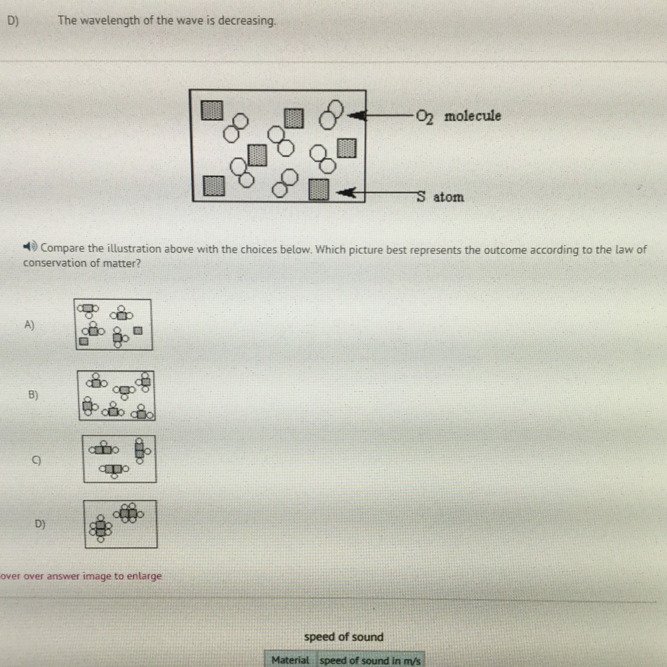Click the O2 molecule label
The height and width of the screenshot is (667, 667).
(458, 116)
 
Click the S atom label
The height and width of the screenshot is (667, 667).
(440, 197)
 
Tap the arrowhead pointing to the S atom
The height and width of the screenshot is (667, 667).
(347, 192)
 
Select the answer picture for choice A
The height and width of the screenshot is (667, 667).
(113, 325)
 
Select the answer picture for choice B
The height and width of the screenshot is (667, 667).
(116, 395)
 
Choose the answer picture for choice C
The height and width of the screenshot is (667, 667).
(120, 459)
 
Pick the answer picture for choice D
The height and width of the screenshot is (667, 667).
(121, 524)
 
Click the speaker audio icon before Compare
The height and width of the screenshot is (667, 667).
(30, 247)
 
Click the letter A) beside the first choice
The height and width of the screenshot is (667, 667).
(29, 325)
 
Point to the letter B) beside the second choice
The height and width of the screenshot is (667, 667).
(33, 395)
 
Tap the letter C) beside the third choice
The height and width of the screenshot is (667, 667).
(36, 460)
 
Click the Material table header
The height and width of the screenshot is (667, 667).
(290, 660)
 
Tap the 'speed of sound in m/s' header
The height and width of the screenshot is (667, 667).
(370, 661)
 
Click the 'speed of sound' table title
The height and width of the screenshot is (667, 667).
(344, 637)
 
